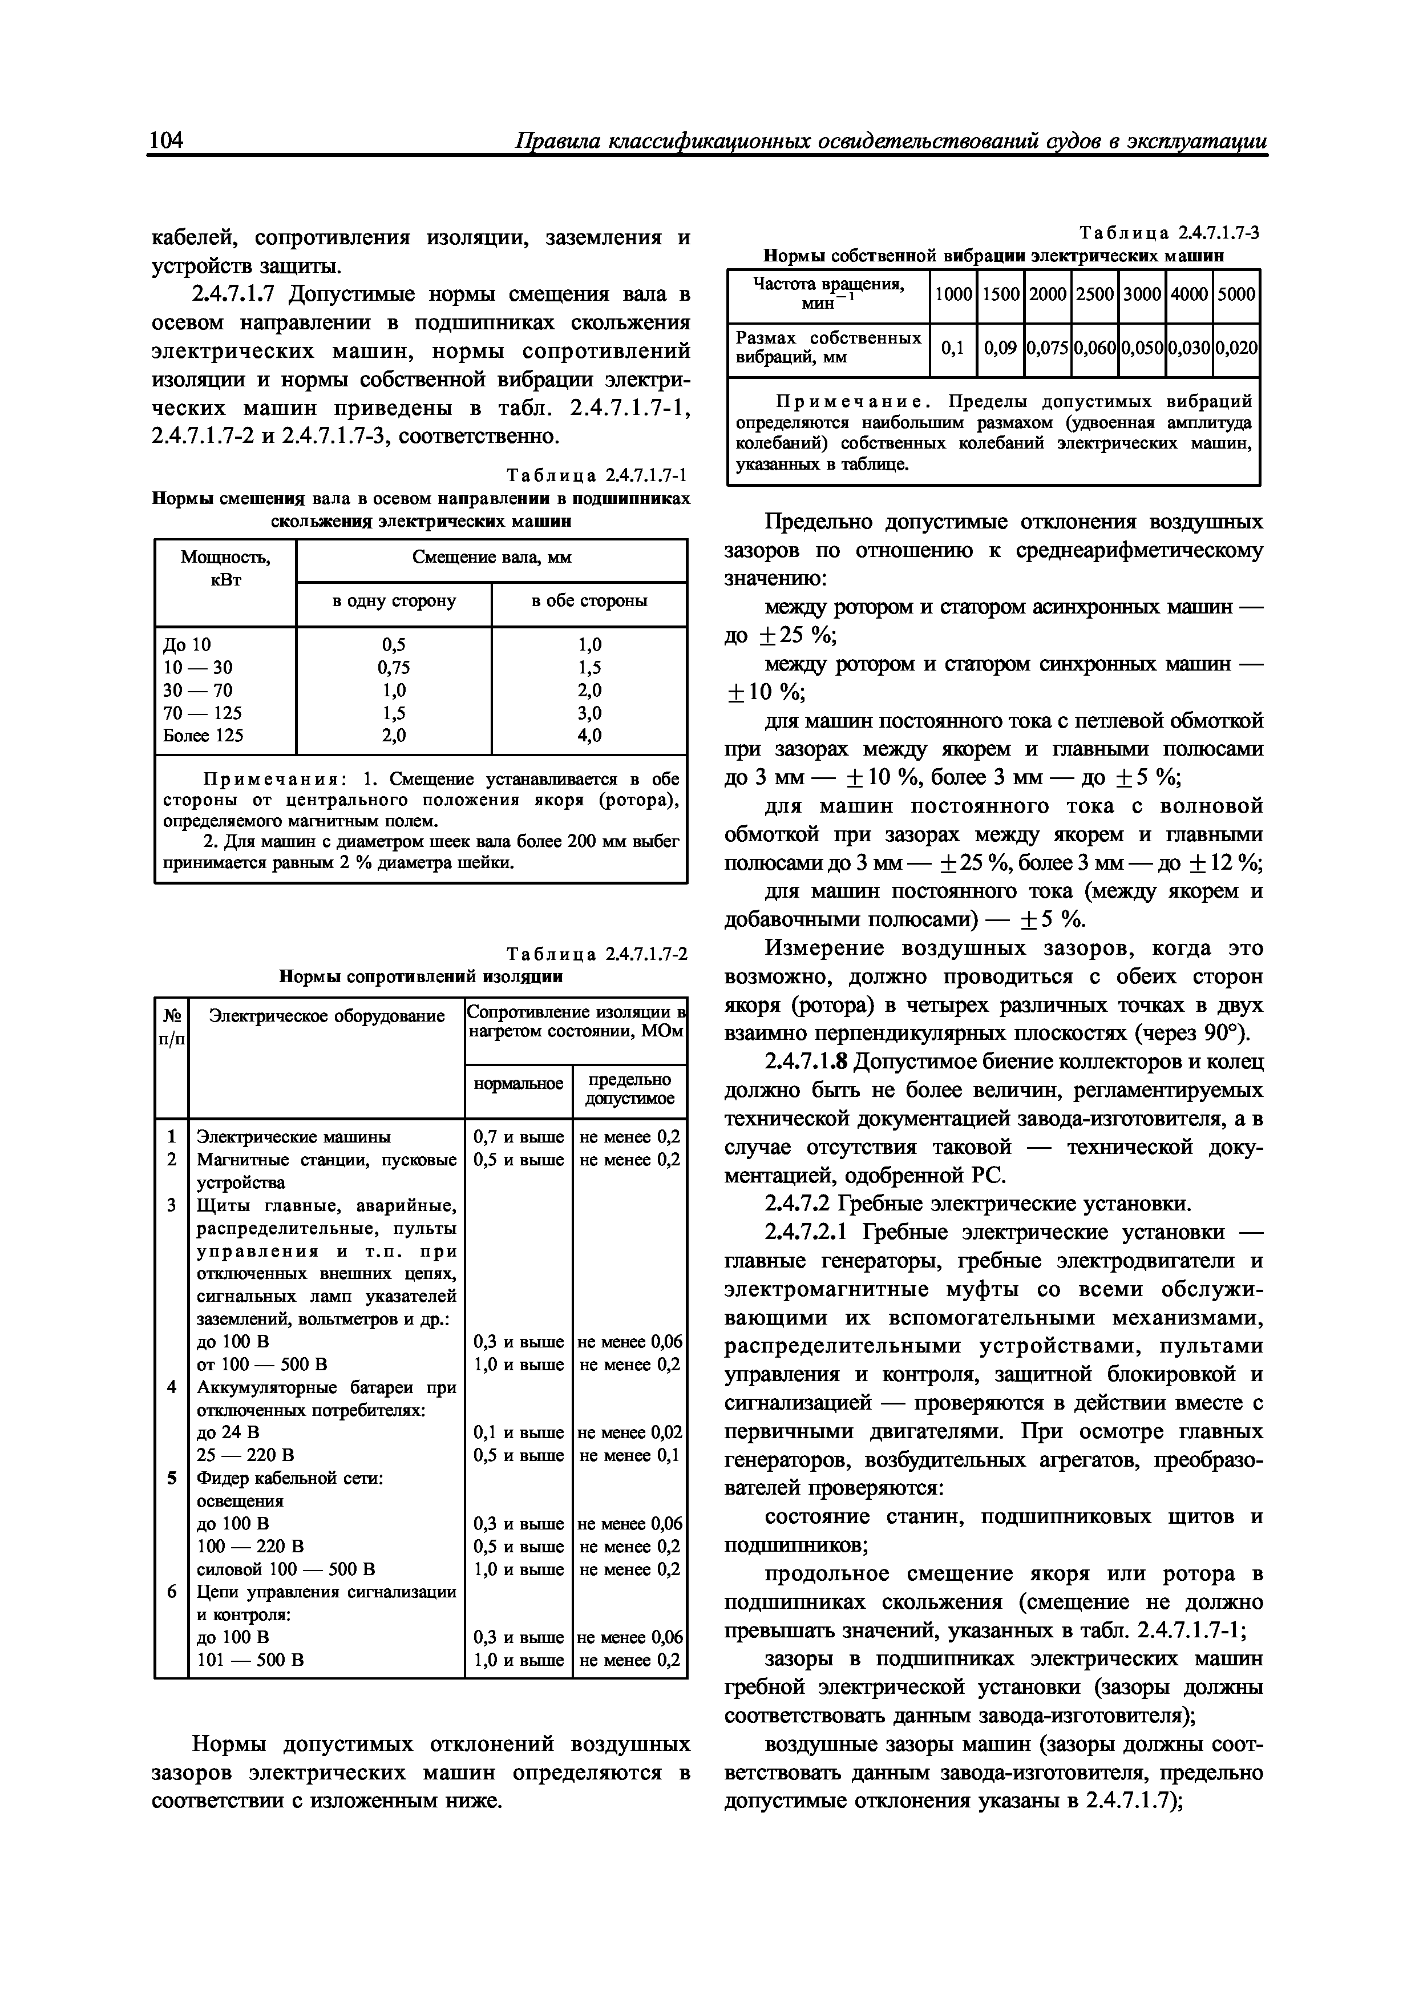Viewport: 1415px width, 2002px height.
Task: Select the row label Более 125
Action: point(203,735)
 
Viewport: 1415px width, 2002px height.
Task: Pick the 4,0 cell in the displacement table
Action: point(589,735)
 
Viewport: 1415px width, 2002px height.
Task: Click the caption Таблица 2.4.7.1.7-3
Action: point(1169,233)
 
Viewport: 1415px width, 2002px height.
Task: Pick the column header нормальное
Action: point(518,1084)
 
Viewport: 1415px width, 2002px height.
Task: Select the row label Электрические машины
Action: point(294,1137)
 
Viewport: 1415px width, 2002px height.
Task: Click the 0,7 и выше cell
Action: point(518,1137)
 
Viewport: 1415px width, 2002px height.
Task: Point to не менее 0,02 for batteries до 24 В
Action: point(629,1432)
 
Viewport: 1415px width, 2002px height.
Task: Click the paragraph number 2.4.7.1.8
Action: point(806,1062)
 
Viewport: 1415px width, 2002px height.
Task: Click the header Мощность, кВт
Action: point(225,568)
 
